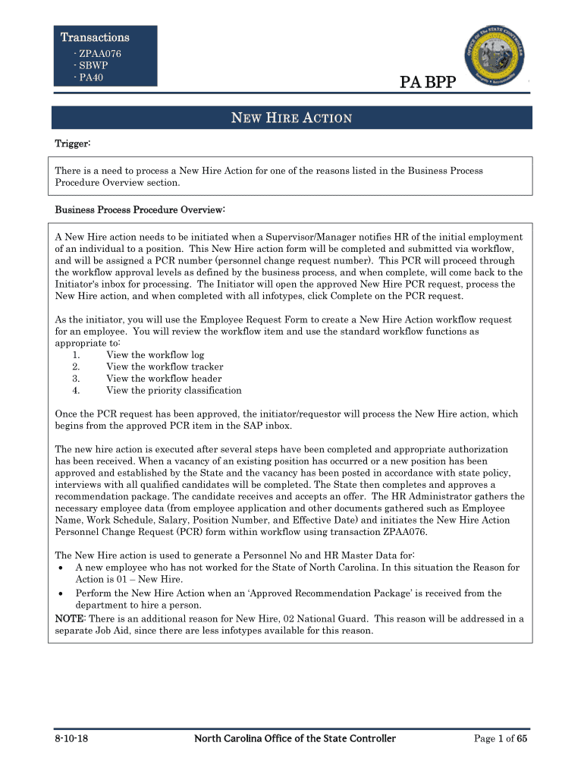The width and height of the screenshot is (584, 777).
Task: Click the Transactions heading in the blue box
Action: pos(95,37)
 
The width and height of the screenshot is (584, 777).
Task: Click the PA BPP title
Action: pos(428,81)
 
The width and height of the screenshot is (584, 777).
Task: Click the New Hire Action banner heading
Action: pos(291,118)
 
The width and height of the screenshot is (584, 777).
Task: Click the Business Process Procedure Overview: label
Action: pos(140,209)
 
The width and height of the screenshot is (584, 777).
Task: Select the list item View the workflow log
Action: pos(155,354)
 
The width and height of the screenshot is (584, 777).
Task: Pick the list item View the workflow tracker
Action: pos(165,366)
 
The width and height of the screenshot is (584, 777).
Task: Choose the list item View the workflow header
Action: pos(164,379)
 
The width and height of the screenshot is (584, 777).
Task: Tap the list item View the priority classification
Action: pos(174,391)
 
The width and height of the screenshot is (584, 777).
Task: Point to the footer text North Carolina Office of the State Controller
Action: pos(294,739)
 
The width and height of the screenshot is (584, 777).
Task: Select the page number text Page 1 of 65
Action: pos(500,739)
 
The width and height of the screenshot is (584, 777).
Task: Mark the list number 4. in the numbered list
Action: pos(77,391)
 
